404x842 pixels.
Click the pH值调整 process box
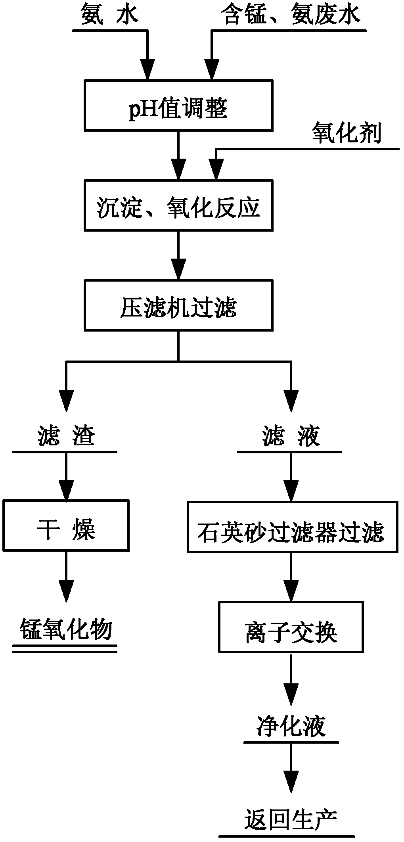point(178,105)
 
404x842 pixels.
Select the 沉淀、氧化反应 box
point(178,205)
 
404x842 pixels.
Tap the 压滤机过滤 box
point(178,305)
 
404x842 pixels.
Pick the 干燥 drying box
point(66,525)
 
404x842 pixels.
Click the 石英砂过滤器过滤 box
point(293,527)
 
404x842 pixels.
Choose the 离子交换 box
point(291,627)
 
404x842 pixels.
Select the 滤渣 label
point(66,436)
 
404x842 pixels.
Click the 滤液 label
point(291,436)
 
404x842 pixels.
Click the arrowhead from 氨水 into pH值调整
point(147,69)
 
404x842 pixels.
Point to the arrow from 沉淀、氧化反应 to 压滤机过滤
point(178,255)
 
